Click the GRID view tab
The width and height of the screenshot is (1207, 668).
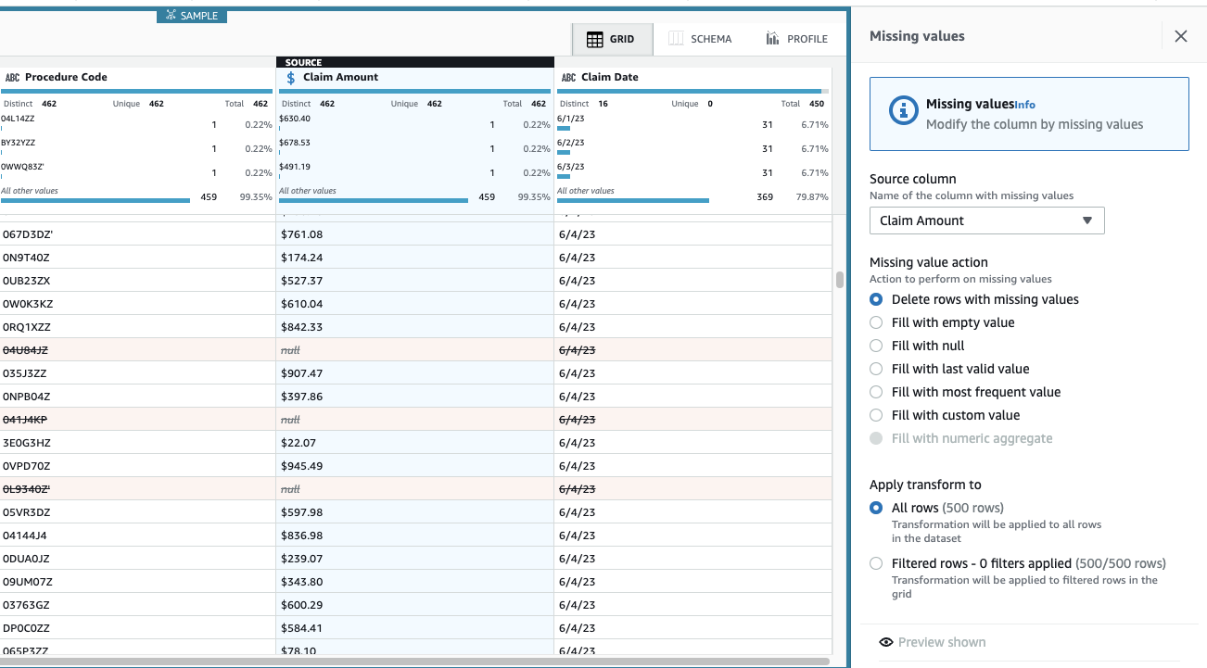pyautogui.click(x=611, y=39)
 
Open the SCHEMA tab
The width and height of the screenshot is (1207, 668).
pyautogui.click(x=700, y=39)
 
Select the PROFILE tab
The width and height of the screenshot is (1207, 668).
pyautogui.click(x=796, y=39)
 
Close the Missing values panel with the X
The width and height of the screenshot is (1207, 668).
pyautogui.click(x=1180, y=36)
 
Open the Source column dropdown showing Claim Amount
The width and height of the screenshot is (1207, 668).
pyautogui.click(x=986, y=221)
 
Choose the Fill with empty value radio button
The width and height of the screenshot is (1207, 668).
pyautogui.click(x=876, y=322)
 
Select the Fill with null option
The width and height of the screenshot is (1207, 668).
pyautogui.click(x=876, y=346)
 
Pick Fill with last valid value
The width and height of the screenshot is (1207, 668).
pyautogui.click(x=876, y=369)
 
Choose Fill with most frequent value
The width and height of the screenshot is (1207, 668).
pyautogui.click(x=876, y=392)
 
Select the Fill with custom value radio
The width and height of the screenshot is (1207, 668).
pyautogui.click(x=876, y=415)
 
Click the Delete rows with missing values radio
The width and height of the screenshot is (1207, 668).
pyautogui.click(x=876, y=299)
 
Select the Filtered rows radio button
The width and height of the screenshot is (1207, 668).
pyautogui.click(x=876, y=563)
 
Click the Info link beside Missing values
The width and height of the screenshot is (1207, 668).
pyautogui.click(x=1024, y=106)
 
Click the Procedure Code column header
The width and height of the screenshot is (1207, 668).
pyautogui.click(x=66, y=77)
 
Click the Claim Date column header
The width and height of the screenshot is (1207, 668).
pyautogui.click(x=609, y=77)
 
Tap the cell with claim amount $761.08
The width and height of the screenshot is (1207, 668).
pyautogui.click(x=302, y=234)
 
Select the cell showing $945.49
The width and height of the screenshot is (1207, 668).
pyautogui.click(x=302, y=466)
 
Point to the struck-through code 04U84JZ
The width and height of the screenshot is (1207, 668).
pyautogui.click(x=25, y=350)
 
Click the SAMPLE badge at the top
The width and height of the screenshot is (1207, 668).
pyautogui.click(x=192, y=16)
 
